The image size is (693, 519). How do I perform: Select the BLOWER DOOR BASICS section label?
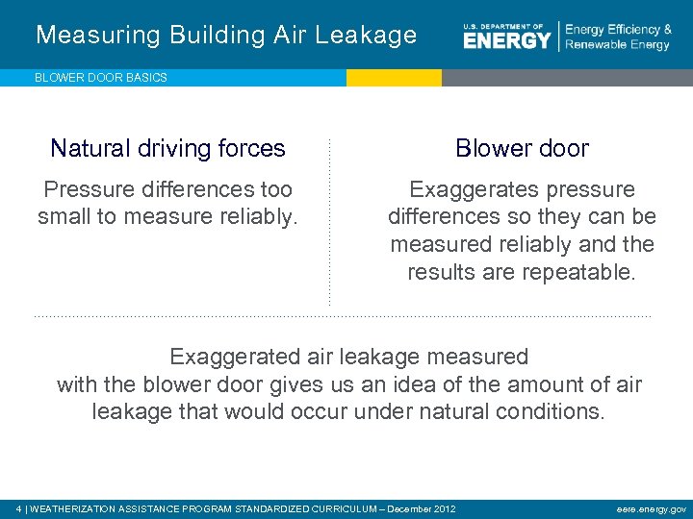[x=101, y=78]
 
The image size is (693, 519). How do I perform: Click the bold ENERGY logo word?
[x=507, y=40]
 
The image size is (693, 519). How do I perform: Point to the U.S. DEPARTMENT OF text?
[x=502, y=26]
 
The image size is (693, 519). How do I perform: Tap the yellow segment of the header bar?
[x=394, y=78]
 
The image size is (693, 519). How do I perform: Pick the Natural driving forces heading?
[x=167, y=148]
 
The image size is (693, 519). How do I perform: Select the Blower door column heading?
[x=522, y=148]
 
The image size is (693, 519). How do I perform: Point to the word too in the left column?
[x=275, y=189]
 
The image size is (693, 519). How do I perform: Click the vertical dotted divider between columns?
[x=329, y=221]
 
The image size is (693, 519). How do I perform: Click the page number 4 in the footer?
[x=19, y=507]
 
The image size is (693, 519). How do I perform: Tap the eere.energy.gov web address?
[x=653, y=507]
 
